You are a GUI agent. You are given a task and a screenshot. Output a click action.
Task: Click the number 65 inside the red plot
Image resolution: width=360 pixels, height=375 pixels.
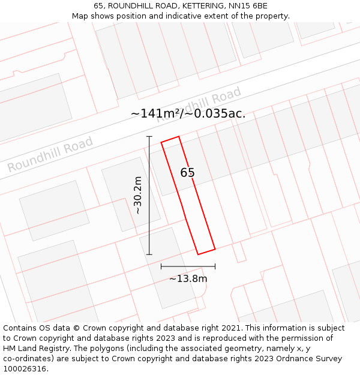pos(187,173)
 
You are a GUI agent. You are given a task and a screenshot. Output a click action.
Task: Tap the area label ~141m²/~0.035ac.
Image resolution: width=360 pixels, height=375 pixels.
pos(188,113)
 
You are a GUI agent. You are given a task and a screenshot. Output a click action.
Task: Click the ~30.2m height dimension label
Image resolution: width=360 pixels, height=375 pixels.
pos(138,195)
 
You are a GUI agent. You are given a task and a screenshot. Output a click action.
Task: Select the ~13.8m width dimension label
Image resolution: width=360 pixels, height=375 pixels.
pos(188,278)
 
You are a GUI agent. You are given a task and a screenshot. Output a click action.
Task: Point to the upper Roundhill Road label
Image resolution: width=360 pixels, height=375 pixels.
pos(199,104)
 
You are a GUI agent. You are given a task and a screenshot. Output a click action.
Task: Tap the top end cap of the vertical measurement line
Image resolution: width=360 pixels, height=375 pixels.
pos(149,137)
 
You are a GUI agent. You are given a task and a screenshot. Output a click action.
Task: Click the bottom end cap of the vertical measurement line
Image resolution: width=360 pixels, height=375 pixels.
pos(149,254)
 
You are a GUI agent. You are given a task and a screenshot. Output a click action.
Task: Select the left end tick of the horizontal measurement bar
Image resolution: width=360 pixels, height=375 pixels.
pos(161,266)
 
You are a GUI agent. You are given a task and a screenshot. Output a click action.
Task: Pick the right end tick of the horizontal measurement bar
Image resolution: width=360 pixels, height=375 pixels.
pos(215,266)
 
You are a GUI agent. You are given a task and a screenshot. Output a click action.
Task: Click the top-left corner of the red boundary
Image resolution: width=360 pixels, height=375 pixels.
pos(161,143)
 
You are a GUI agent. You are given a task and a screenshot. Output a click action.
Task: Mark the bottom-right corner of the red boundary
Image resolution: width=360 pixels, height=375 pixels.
pos(215,248)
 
